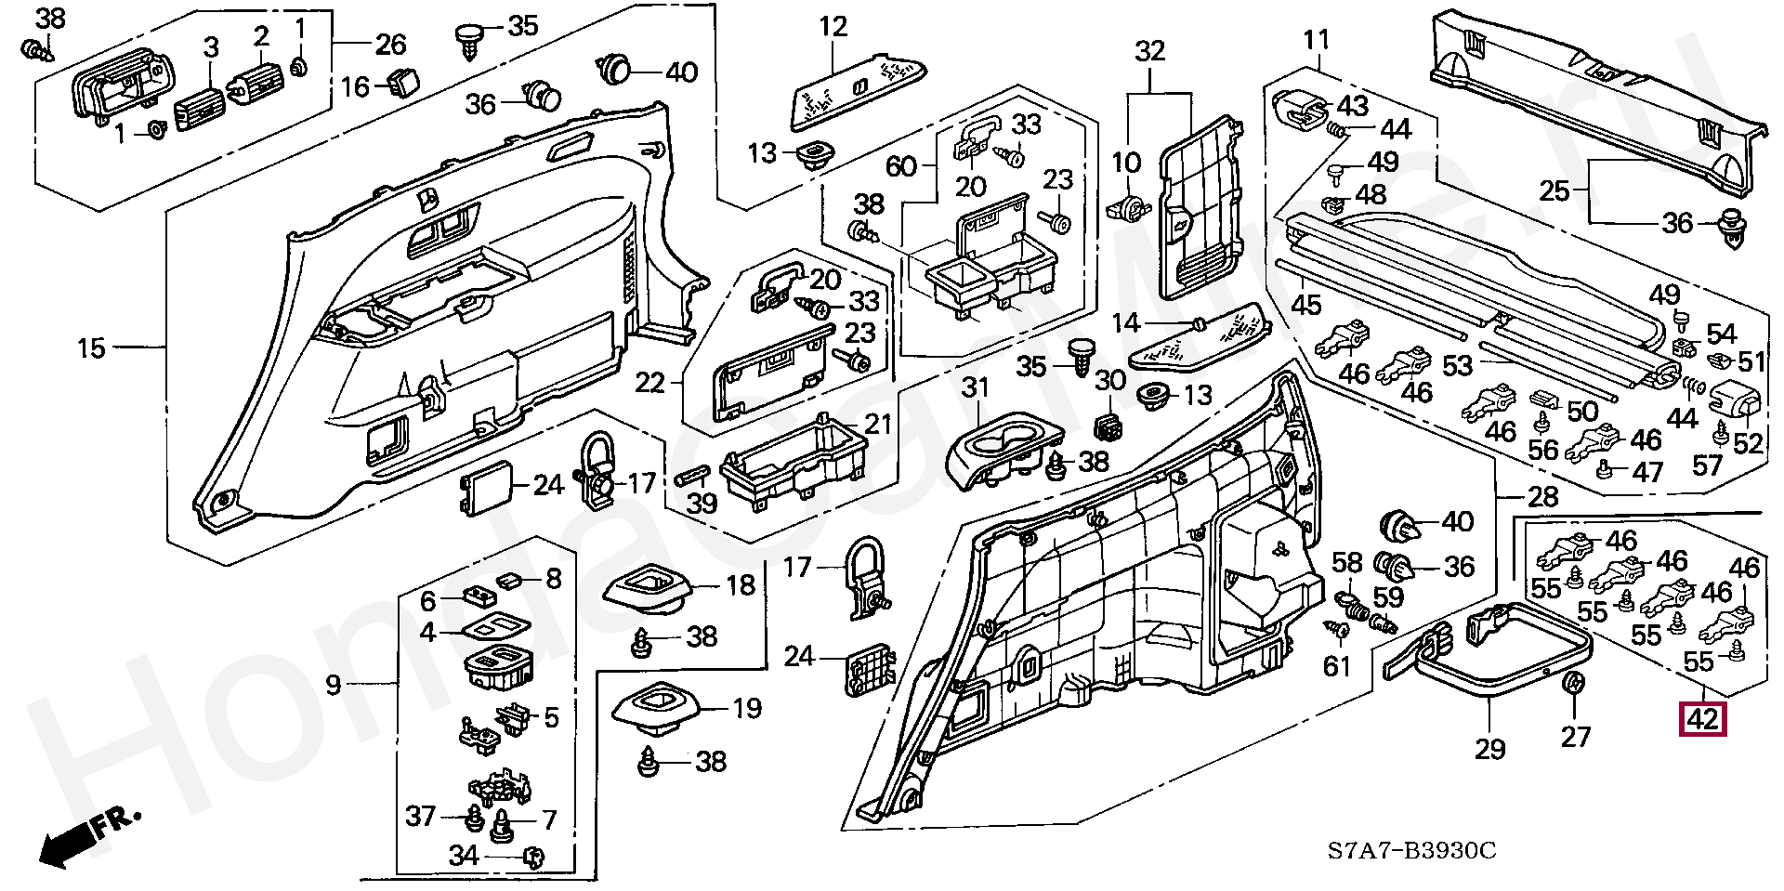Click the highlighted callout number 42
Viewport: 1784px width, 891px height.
click(x=1702, y=719)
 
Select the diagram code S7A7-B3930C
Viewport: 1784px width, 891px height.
click(x=1410, y=850)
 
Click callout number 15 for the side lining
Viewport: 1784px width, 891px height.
click(x=91, y=348)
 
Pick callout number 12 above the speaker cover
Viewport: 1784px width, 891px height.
click(x=833, y=27)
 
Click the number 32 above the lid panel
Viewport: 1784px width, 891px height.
click(x=1149, y=51)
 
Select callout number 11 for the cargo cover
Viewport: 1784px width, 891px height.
click(x=1317, y=40)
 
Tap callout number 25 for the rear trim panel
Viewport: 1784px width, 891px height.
click(x=1554, y=191)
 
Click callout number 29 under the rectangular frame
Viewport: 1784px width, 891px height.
click(x=1489, y=749)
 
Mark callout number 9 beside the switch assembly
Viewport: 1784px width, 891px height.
click(x=334, y=686)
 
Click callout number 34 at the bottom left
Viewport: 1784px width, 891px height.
click(x=464, y=856)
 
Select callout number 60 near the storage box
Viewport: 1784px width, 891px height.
click(x=901, y=166)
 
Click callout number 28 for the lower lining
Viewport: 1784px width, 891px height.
click(x=1543, y=496)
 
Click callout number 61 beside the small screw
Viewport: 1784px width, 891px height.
click(x=1336, y=665)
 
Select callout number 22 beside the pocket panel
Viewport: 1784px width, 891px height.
click(x=650, y=382)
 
